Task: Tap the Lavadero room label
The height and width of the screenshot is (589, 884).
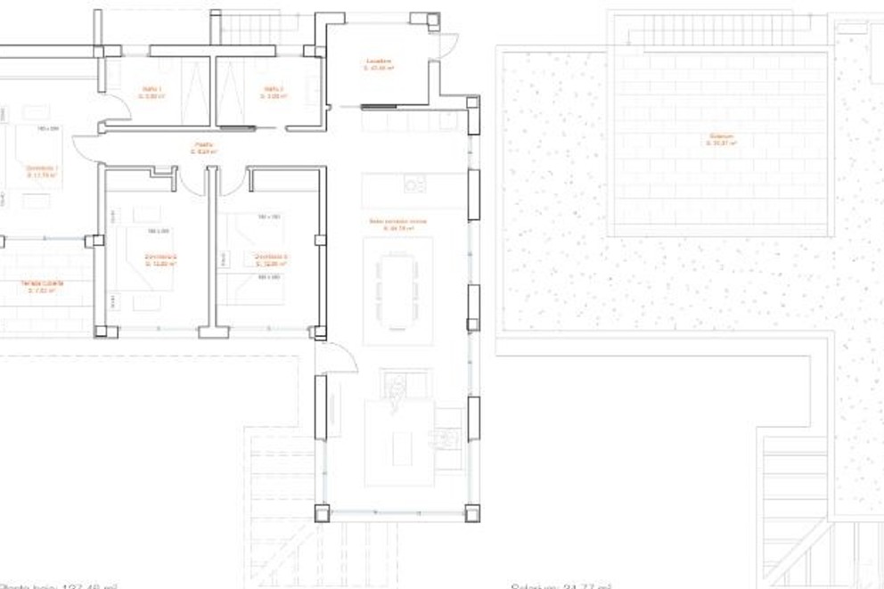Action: [x=379, y=65]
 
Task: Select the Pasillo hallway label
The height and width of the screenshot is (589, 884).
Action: [x=204, y=148]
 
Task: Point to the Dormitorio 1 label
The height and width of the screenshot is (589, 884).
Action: [x=42, y=171]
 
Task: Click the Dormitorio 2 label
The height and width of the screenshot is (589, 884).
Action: [x=161, y=260]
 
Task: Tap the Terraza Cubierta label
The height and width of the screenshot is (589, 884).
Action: [x=42, y=287]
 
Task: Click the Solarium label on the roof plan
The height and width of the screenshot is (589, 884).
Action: [x=721, y=140]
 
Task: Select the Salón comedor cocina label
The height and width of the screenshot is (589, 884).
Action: [x=398, y=225]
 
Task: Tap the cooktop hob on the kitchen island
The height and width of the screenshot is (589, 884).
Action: [x=415, y=184]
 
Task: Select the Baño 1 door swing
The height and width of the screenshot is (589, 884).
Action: [x=119, y=110]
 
